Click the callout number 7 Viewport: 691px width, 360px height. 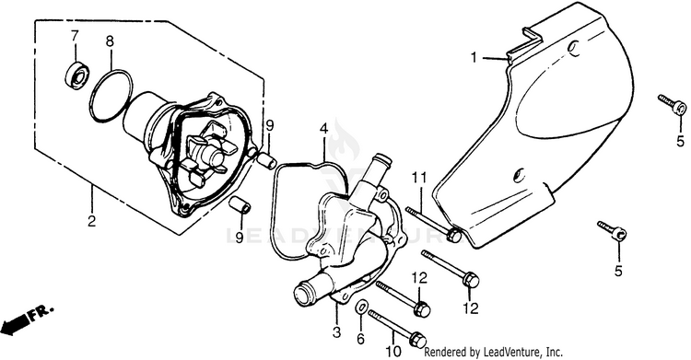(75, 37)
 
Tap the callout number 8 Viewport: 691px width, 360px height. (110, 41)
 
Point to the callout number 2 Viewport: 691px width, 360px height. (91, 220)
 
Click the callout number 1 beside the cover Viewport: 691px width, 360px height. (474, 57)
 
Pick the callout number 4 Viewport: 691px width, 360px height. (324, 129)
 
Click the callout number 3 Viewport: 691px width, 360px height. (336, 331)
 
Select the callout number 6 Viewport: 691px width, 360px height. (361, 339)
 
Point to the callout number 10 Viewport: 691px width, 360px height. (393, 351)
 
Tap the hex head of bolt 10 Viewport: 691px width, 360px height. (417, 341)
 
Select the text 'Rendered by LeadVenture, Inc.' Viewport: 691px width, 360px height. (493, 352)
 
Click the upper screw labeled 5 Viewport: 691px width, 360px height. (672, 103)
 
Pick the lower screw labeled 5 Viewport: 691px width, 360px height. (612, 230)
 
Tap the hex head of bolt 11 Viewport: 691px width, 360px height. (453, 235)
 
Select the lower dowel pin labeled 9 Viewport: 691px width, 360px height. (241, 205)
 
